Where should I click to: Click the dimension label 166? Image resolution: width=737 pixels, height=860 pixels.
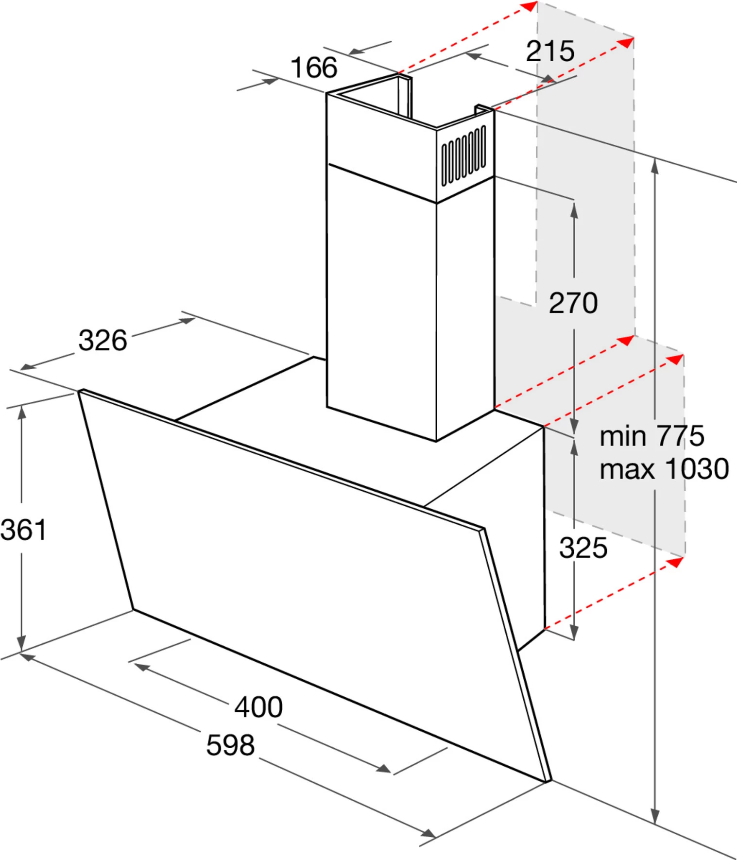[x=314, y=68]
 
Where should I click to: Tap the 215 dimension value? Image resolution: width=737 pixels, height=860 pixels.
[x=550, y=51]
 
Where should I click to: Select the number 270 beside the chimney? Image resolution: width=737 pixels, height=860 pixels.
[x=573, y=303]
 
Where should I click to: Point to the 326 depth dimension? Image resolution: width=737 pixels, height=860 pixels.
[x=103, y=340]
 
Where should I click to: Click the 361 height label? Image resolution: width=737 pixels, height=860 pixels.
[x=23, y=530]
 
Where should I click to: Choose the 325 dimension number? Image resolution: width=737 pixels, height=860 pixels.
[x=583, y=548]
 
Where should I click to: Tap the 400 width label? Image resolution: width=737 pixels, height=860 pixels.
[x=258, y=707]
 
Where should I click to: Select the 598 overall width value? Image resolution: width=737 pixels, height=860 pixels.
[x=230, y=745]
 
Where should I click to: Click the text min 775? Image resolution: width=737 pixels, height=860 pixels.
[x=652, y=436]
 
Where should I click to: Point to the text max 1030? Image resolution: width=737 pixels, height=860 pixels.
[x=664, y=469]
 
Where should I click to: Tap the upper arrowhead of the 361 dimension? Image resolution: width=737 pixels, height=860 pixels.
[x=21, y=413]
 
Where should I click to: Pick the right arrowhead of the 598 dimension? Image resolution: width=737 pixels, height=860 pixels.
[x=428, y=834]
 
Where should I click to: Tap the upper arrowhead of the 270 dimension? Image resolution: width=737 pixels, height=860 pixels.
[x=574, y=210]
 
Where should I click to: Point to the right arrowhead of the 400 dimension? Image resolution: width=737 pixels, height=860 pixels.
[x=383, y=768]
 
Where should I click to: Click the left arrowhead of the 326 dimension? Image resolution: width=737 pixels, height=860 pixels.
[x=28, y=365]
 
